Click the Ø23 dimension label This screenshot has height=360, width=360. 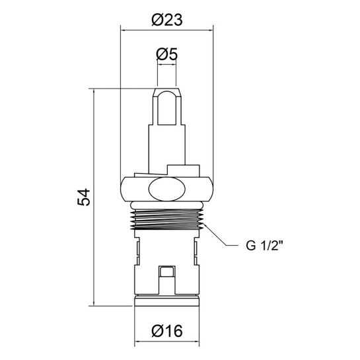[167, 20]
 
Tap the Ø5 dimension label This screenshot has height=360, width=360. [167, 55]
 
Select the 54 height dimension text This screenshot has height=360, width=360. [84, 197]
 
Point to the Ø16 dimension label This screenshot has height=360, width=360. [167, 331]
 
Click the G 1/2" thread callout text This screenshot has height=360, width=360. [264, 246]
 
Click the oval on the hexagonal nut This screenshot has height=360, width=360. [167, 189]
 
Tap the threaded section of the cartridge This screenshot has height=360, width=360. [167, 219]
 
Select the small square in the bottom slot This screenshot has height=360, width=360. [167, 272]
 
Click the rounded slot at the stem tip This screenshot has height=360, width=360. [167, 108]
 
